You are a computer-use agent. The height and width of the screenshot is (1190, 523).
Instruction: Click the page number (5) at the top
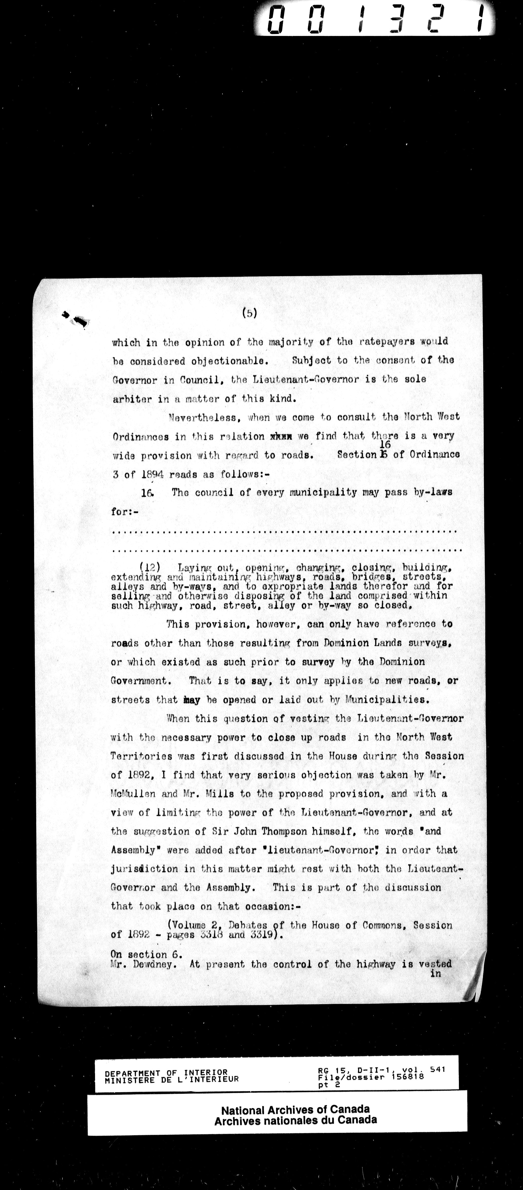[x=250, y=313]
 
